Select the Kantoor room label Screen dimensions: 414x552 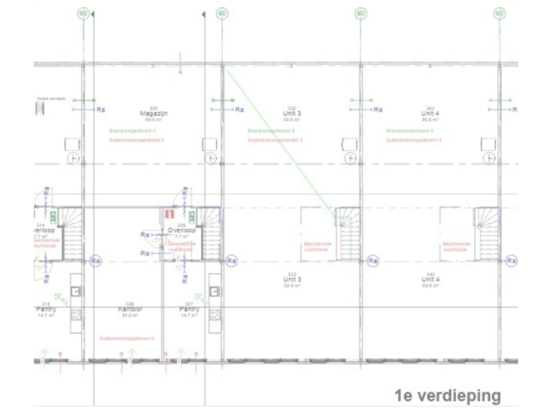pyautogui.click(x=131, y=309)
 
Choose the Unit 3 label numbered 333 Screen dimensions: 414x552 pyautogui.click(x=291, y=280)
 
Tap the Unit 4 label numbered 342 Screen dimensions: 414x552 pyautogui.click(x=431, y=113)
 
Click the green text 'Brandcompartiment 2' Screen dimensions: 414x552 pyautogui.click(x=132, y=131)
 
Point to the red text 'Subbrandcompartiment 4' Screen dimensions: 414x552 pyautogui.click(x=415, y=140)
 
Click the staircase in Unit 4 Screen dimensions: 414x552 pyautogui.click(x=486, y=228)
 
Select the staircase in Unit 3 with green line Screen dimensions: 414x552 pyautogui.click(x=348, y=228)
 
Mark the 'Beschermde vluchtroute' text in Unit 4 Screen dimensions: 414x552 pyautogui.click(x=457, y=246)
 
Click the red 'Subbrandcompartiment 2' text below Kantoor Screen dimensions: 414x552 pyautogui.click(x=127, y=338)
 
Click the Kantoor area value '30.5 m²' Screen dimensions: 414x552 pyautogui.click(x=131, y=315)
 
